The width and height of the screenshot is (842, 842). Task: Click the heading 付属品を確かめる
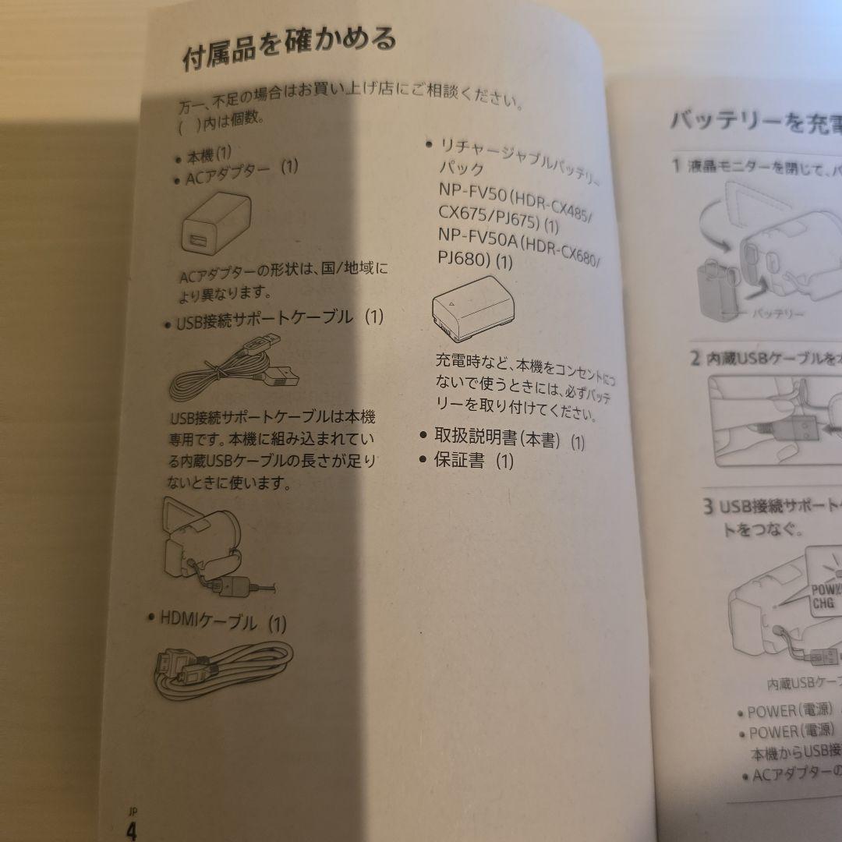pyautogui.click(x=289, y=49)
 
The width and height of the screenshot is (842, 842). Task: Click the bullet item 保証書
pyautogui.click(x=459, y=460)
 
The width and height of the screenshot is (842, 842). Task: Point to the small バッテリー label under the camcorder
pyautogui.click(x=778, y=313)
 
